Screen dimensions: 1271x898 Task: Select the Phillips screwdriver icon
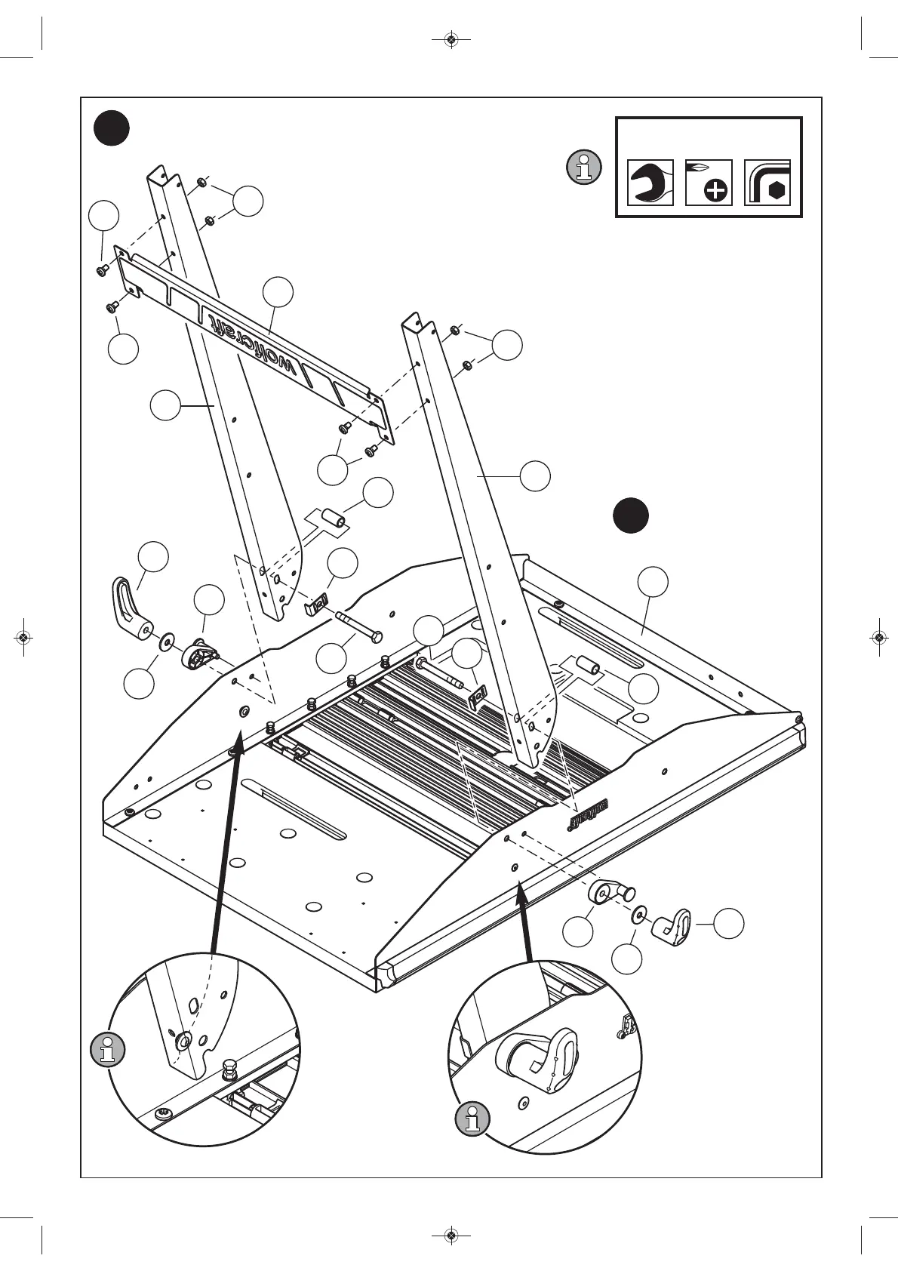(x=709, y=182)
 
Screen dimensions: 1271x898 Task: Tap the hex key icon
(x=767, y=182)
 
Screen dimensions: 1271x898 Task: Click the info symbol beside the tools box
(x=583, y=167)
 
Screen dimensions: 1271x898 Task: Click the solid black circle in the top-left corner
(x=112, y=129)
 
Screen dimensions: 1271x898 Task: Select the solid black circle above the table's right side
(x=630, y=515)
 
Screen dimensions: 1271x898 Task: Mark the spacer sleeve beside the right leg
(x=587, y=666)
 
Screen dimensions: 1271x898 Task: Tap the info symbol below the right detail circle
(x=472, y=1119)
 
